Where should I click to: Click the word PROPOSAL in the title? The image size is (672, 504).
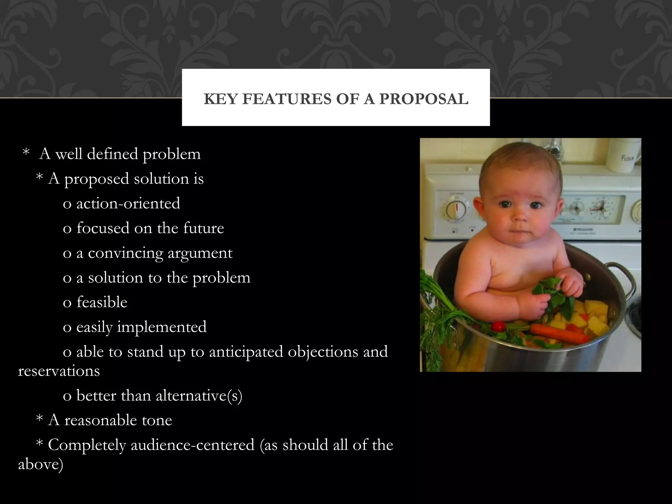click(x=424, y=99)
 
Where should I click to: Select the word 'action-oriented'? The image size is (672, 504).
click(x=128, y=203)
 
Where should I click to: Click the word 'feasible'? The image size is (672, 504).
click(x=102, y=302)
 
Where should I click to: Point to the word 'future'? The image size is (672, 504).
click(x=203, y=228)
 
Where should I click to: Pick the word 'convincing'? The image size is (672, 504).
click(x=126, y=253)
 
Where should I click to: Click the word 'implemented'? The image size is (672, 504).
click(x=162, y=327)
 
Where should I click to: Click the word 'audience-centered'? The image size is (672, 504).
click(x=193, y=445)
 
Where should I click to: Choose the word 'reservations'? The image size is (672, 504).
click(x=59, y=371)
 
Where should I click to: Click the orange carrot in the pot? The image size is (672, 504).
click(x=558, y=333)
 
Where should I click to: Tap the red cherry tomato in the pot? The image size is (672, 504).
click(x=499, y=326)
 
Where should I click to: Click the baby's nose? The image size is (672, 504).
click(x=519, y=216)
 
